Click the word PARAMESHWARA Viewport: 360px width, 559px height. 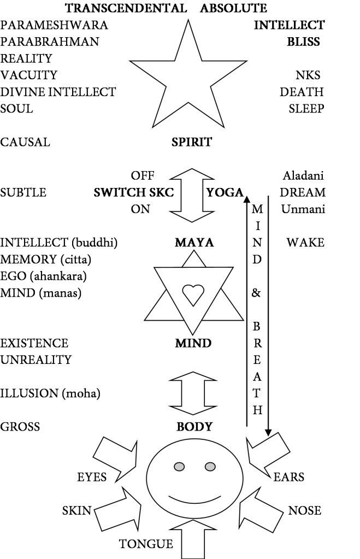(x=54, y=25)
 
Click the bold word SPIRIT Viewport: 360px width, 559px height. (x=192, y=143)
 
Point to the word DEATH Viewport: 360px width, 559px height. (x=302, y=92)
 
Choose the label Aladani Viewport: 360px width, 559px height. (x=304, y=176)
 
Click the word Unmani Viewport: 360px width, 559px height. (x=303, y=209)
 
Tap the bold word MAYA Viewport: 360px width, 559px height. (x=193, y=242)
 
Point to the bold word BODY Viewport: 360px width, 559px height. (x=194, y=427)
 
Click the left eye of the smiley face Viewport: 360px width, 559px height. (x=180, y=466)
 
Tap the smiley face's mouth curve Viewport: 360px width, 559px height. (x=194, y=499)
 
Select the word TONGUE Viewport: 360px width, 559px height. (x=146, y=544)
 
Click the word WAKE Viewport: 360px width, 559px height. (x=305, y=242)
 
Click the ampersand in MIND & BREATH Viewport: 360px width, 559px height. (x=257, y=293)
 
